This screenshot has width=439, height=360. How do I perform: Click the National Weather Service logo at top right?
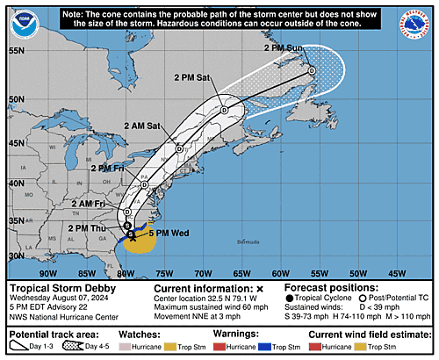414,26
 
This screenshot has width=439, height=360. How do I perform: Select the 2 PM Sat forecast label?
192,78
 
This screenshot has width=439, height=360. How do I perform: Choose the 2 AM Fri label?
92,204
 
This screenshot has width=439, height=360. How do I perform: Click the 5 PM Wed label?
166,234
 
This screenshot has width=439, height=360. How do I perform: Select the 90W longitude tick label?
36,272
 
